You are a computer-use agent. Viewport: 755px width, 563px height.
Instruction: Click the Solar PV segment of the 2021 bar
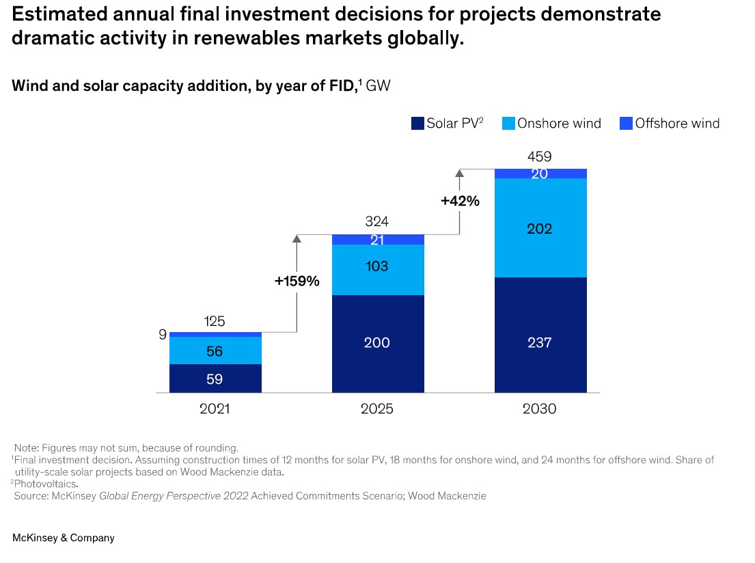pyautogui.click(x=215, y=379)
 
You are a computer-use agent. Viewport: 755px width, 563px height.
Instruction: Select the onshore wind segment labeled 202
pyautogui.click(x=540, y=228)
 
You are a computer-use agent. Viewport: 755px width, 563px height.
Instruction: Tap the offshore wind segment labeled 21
pyautogui.click(x=378, y=239)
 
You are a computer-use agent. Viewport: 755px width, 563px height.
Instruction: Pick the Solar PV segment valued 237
pyautogui.click(x=540, y=342)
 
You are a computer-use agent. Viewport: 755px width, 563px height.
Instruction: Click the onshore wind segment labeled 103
pyautogui.click(x=378, y=266)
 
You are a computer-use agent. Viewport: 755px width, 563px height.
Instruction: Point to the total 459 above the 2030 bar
pyautogui.click(x=540, y=157)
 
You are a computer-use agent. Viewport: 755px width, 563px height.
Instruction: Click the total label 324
pyautogui.click(x=377, y=222)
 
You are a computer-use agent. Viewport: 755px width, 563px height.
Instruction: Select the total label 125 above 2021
pyautogui.click(x=215, y=321)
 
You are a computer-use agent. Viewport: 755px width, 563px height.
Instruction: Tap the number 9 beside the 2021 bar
pyautogui.click(x=162, y=334)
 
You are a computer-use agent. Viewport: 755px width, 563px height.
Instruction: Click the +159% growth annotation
pyautogui.click(x=297, y=281)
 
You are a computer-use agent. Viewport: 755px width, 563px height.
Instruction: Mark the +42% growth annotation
pyautogui.click(x=460, y=202)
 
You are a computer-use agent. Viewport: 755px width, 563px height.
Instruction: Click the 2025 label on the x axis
pyautogui.click(x=377, y=409)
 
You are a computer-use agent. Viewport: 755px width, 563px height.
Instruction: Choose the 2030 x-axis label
pyautogui.click(x=540, y=409)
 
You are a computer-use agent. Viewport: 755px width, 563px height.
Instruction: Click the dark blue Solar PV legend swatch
pyautogui.click(x=417, y=124)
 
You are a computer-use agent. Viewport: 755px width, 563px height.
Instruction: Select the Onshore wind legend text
pyautogui.click(x=559, y=124)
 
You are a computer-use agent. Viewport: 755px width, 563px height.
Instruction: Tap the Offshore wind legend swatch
pyautogui.click(x=626, y=124)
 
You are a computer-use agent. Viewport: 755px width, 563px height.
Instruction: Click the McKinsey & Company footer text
pyautogui.click(x=64, y=538)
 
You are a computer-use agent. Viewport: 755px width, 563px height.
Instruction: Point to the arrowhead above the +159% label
pyautogui.click(x=297, y=238)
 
